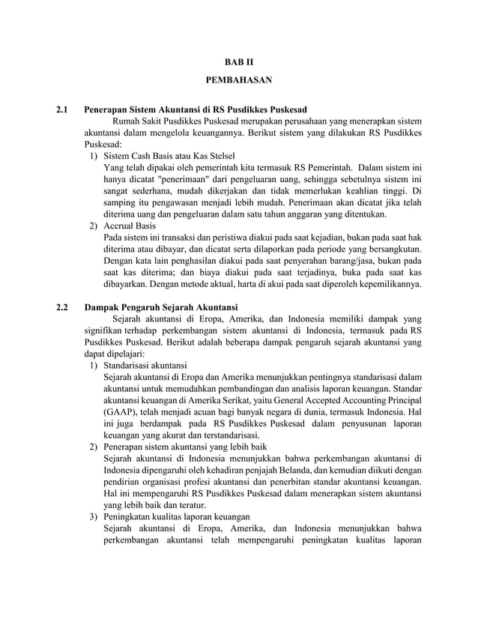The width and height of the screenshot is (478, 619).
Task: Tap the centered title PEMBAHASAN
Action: pyautogui.click(x=239, y=79)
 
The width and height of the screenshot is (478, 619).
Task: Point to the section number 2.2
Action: pyautogui.click(x=63, y=307)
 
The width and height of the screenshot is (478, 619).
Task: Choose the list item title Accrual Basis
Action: pyautogui.click(x=129, y=226)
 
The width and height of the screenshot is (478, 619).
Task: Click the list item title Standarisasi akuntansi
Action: pyautogui.click(x=145, y=366)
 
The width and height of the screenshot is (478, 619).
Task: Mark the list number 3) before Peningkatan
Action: pyautogui.click(x=93, y=517)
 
